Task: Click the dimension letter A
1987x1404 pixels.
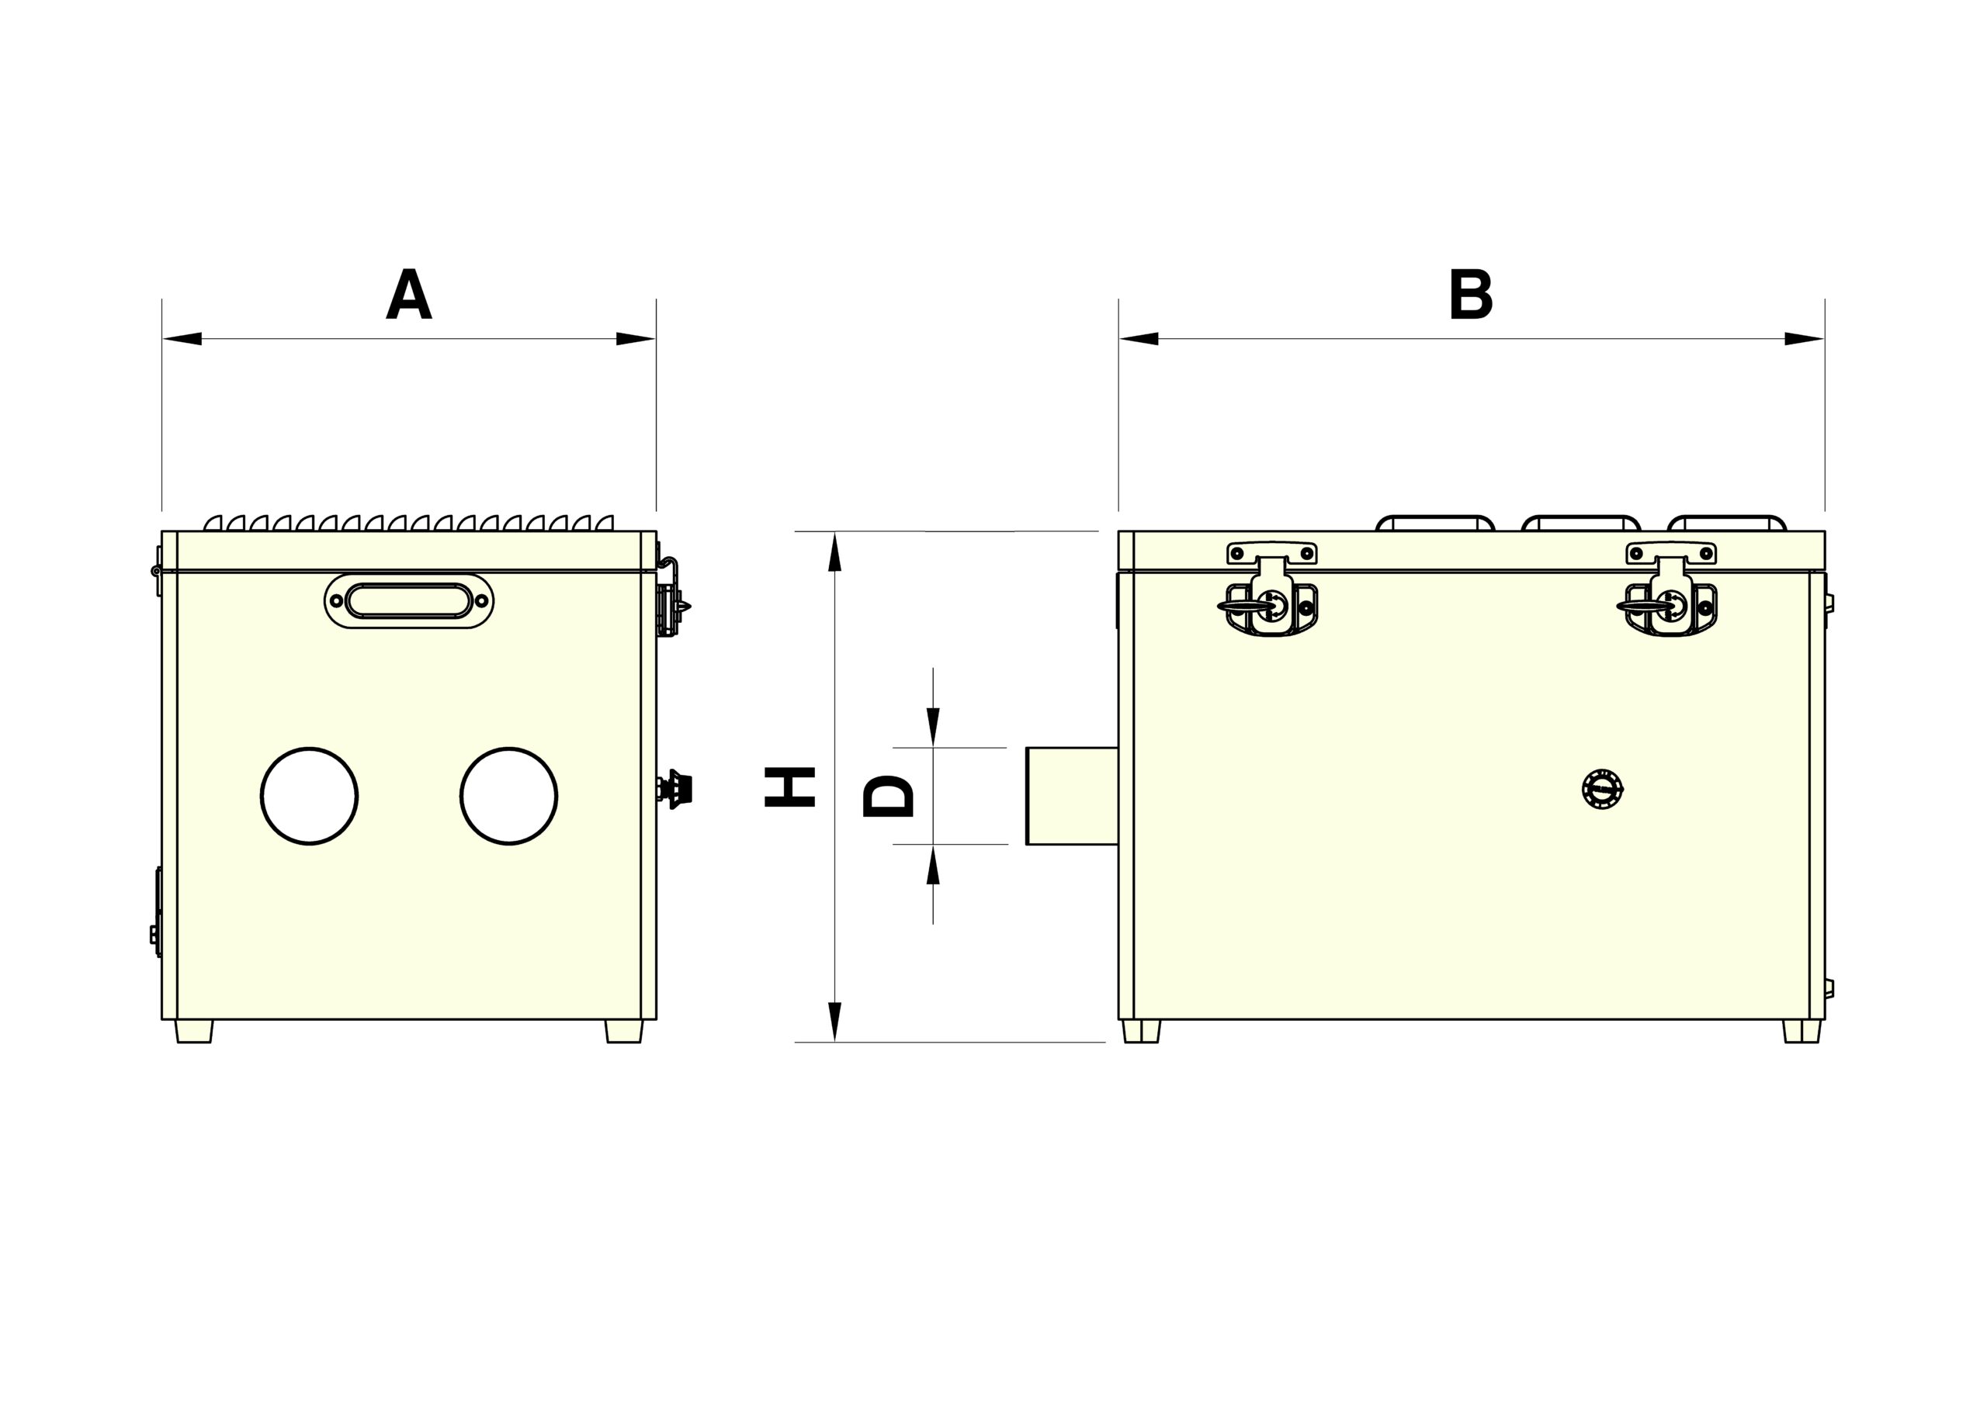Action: click(408, 295)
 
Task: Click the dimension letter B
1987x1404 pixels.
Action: click(1471, 295)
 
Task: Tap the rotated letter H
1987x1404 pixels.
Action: click(790, 787)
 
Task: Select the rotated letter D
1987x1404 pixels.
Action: click(889, 796)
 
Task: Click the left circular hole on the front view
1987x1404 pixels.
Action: click(309, 795)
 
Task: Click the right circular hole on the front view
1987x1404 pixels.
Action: click(509, 795)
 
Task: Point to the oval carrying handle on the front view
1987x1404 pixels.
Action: click(409, 600)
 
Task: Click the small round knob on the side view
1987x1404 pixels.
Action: click(1602, 789)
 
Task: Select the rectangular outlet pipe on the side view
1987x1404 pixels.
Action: click(1071, 795)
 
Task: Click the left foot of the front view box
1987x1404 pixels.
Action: click(194, 1031)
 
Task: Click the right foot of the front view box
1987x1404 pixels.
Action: click(624, 1031)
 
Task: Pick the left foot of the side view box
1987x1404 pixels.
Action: click(1142, 1031)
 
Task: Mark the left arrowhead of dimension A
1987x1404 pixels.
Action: click(182, 338)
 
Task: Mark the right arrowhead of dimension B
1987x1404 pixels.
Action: click(1805, 338)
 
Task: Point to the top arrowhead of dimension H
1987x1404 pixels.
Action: click(834, 552)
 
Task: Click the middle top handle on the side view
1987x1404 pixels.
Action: click(1580, 523)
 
